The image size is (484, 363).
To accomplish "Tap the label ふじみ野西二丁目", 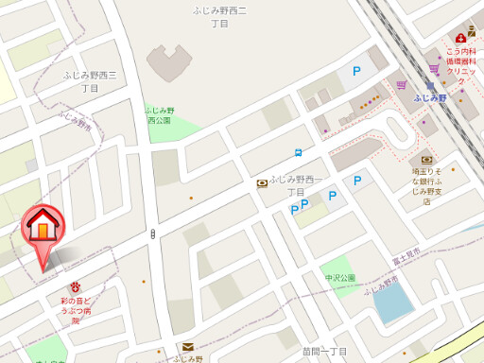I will tap(218, 17).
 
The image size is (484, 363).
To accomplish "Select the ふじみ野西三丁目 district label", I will tap(90, 80).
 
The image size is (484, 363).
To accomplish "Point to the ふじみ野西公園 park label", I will tap(159, 115).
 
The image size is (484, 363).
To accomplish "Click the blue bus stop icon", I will tap(299, 152).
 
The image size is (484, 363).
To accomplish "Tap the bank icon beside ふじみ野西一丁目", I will tap(261, 183).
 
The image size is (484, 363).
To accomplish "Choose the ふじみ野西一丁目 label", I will tap(296, 185).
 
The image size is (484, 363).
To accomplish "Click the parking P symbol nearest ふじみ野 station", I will tap(357, 70).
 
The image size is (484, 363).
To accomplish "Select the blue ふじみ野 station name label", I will tap(430, 97).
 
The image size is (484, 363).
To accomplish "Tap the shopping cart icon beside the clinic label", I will tap(434, 68).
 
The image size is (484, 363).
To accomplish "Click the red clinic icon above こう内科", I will tap(460, 38).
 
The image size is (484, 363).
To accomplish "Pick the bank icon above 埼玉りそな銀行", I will tap(426, 160).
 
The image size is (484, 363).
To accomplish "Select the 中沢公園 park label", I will tap(339, 278).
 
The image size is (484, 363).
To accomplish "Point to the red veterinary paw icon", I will tap(75, 286).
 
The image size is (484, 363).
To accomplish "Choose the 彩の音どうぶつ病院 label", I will tap(76, 310).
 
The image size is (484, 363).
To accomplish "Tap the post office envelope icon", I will tap(187, 347).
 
